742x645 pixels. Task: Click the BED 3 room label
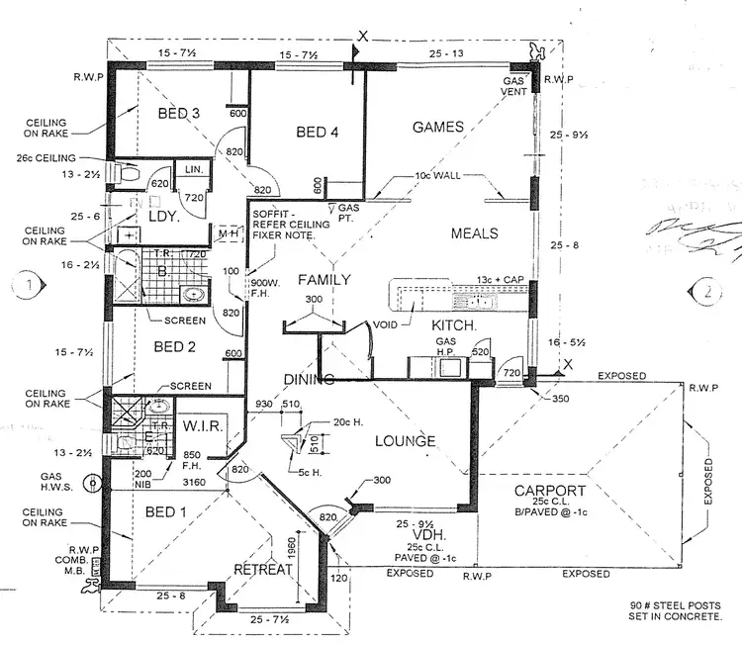[x=179, y=114]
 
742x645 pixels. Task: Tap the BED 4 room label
[x=319, y=132]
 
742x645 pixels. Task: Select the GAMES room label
[x=437, y=127]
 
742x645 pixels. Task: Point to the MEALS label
[x=474, y=233]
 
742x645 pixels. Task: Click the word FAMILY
[x=325, y=280]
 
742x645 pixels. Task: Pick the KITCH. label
[x=454, y=325]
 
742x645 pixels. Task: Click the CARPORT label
[x=550, y=491]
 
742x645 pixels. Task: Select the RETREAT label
[x=264, y=569]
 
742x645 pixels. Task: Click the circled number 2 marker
[x=709, y=292]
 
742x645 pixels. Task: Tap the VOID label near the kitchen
[x=384, y=324]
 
